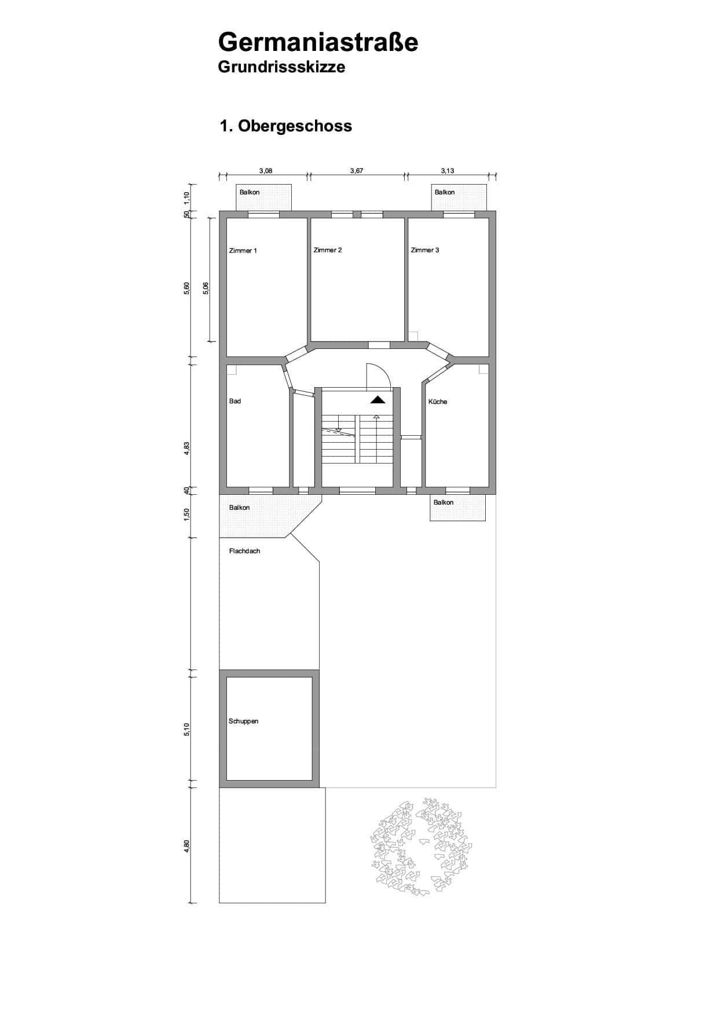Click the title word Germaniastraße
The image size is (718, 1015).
pyautogui.click(x=318, y=42)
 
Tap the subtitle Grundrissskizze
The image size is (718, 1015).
pyautogui.click(x=281, y=67)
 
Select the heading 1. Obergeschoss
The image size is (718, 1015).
pyautogui.click(x=285, y=126)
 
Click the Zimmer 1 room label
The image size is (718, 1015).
pyautogui.click(x=243, y=251)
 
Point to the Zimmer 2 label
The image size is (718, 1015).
pyautogui.click(x=328, y=250)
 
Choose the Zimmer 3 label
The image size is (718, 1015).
pyautogui.click(x=425, y=250)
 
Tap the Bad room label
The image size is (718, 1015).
pyautogui.click(x=235, y=401)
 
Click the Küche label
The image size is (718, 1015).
pyautogui.click(x=438, y=402)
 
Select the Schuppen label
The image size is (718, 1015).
pyautogui.click(x=244, y=721)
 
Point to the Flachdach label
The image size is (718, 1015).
pyautogui.click(x=245, y=551)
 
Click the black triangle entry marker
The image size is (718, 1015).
pyautogui.click(x=378, y=399)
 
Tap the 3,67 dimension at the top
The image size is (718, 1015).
pyautogui.click(x=357, y=171)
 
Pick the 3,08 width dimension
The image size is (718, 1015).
pyautogui.click(x=266, y=171)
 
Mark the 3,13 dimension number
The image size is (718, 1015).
pyautogui.click(x=448, y=171)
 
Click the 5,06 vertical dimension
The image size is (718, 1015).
pyautogui.click(x=206, y=289)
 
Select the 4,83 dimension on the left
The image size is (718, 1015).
pyautogui.click(x=186, y=449)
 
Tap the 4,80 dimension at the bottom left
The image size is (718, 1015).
pyautogui.click(x=186, y=846)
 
